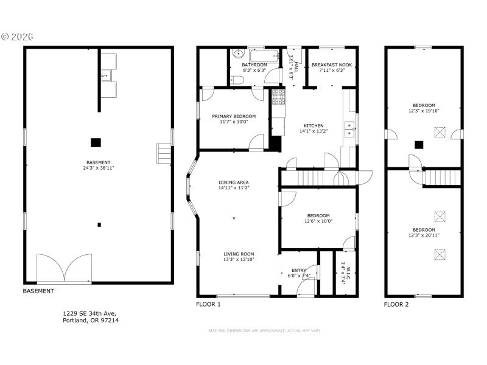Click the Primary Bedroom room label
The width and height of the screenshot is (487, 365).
point(234,116)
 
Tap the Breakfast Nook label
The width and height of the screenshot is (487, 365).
point(332,65)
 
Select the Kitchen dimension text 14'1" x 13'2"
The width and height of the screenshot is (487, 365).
point(314,131)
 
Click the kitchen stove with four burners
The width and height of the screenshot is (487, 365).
point(278,96)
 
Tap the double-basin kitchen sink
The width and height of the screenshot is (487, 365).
point(351,128)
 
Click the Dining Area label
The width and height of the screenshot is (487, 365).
point(234,182)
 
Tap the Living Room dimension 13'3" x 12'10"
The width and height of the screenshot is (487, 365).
point(238,260)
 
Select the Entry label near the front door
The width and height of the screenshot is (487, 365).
point(299,270)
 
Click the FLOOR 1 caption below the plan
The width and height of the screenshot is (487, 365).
point(208,304)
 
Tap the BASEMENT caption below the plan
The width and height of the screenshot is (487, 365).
point(38,291)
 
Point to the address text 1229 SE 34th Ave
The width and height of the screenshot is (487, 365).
point(89,313)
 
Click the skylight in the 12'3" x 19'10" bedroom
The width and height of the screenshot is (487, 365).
point(440,132)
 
